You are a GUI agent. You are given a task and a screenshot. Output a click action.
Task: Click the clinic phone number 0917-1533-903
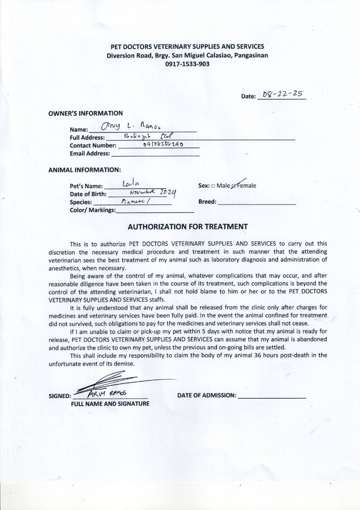pyautogui.click(x=187, y=64)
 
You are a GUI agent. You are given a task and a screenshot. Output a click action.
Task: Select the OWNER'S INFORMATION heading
pyautogui.click(x=86, y=113)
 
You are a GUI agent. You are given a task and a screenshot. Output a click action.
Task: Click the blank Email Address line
pyautogui.click(x=155, y=154)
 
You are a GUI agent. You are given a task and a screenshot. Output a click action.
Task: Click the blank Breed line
pyautogui.click(x=257, y=202)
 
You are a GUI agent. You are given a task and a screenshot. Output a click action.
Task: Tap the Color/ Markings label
pyautogui.click(x=92, y=210)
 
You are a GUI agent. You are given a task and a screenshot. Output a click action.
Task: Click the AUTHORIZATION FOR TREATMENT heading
pyautogui.click(x=188, y=227)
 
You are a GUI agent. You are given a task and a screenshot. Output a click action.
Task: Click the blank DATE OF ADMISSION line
pyautogui.click(x=272, y=397)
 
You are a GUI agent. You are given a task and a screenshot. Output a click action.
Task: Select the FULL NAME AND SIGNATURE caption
pyautogui.click(x=110, y=404)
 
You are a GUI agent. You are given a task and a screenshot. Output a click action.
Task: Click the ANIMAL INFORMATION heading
pyautogui.click(x=85, y=170)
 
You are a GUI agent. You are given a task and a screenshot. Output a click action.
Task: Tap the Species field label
pyautogui.click(x=81, y=202)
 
